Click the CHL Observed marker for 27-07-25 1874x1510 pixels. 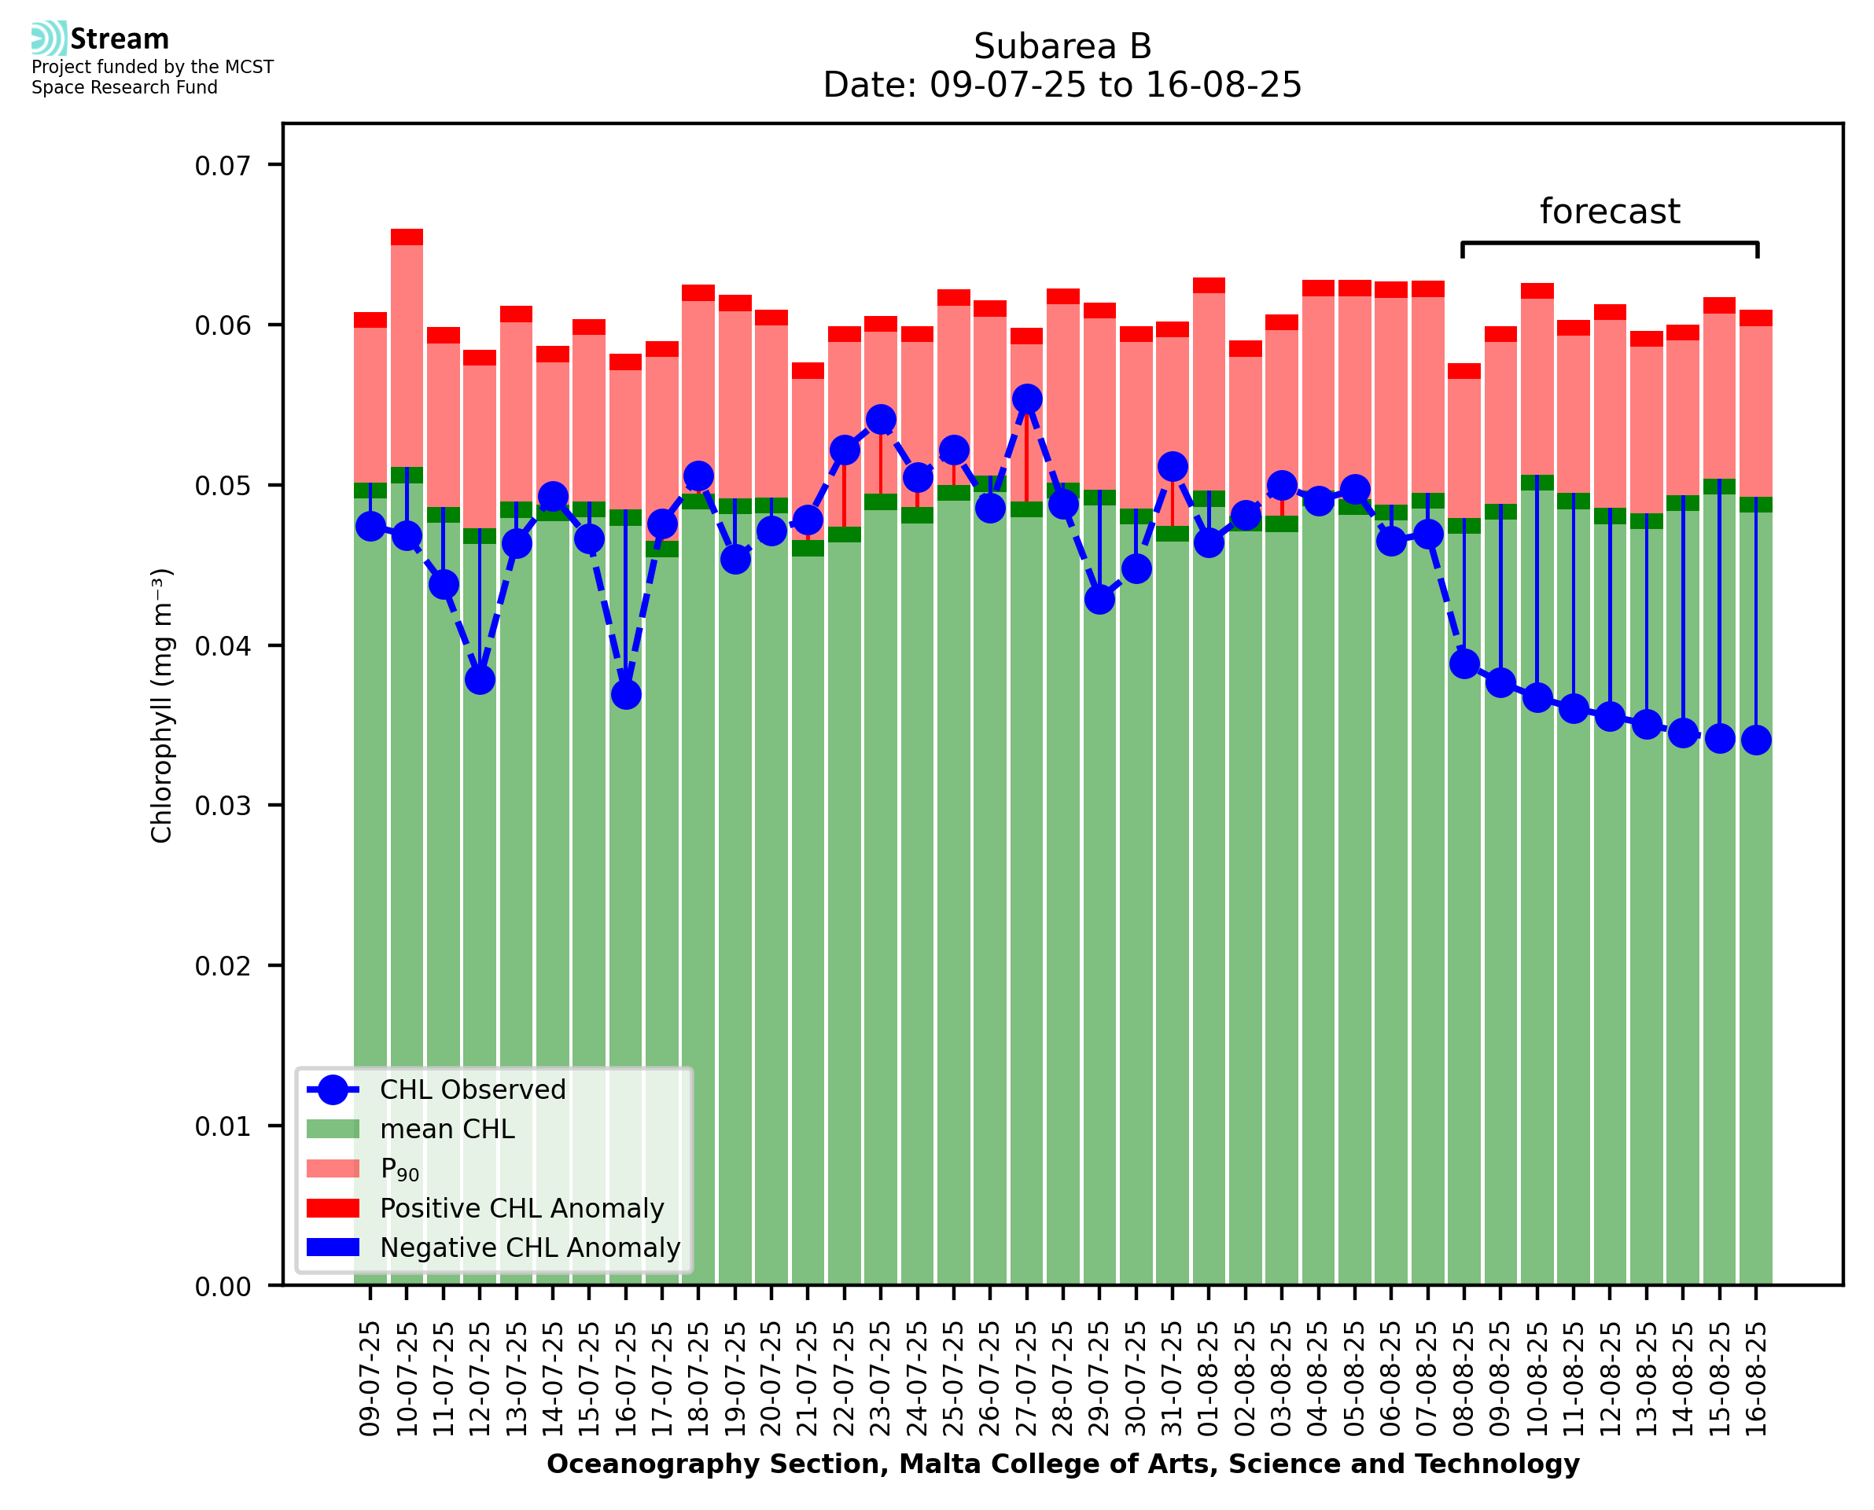[1026, 399]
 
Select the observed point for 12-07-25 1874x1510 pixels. [480, 679]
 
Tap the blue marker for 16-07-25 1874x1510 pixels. [625, 694]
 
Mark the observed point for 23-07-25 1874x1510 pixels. [881, 420]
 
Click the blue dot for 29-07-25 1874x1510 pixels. [1099, 599]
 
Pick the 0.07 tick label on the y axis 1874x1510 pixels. [223, 165]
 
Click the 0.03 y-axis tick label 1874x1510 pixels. [223, 806]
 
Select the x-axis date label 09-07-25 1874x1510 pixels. [370, 1379]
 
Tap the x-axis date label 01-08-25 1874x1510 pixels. [1209, 1379]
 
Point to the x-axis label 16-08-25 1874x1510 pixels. [1756, 1379]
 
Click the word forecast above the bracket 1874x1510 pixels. [1610, 211]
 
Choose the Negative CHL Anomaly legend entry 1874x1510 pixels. [530, 1247]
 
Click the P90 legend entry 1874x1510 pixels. [399, 1169]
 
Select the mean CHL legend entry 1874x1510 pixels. [447, 1129]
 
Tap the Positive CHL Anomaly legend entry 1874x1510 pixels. [522, 1208]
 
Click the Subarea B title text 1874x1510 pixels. [1062, 46]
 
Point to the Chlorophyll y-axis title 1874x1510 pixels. [162, 705]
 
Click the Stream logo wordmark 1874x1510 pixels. [120, 39]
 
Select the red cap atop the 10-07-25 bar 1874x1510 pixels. [407, 237]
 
